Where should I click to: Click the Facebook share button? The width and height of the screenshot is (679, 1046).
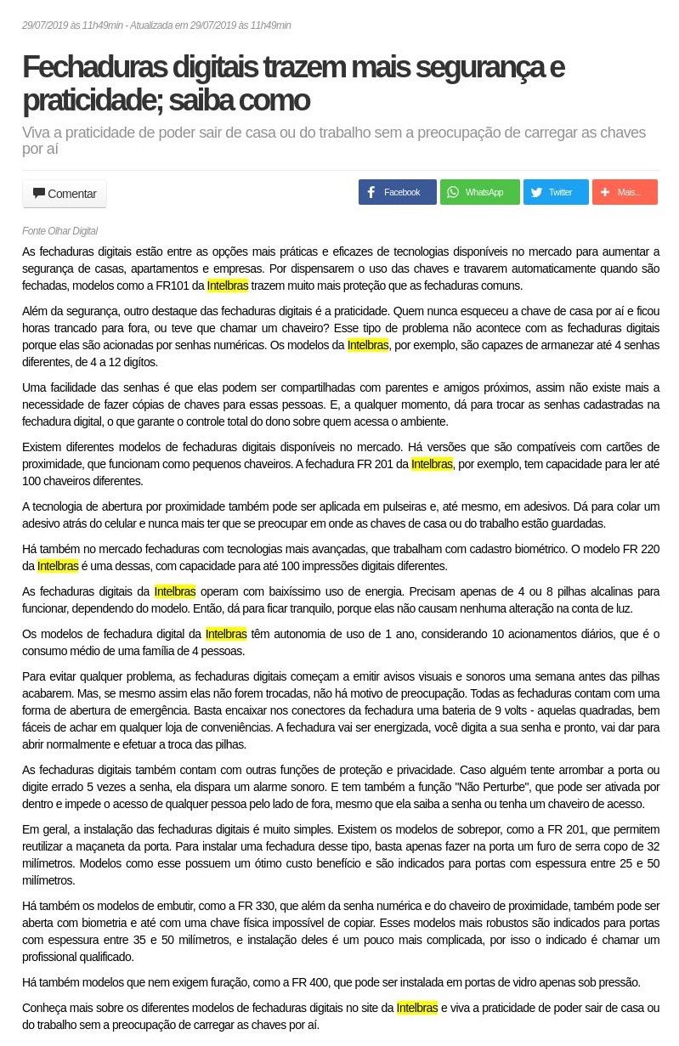(397, 192)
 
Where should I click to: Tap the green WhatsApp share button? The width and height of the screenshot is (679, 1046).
(479, 192)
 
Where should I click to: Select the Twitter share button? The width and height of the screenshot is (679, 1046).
(555, 192)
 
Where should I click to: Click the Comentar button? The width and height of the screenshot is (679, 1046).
(65, 194)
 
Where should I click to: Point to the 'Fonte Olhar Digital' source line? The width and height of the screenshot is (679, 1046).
(59, 231)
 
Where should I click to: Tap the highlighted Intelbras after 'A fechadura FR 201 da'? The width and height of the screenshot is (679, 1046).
(432, 464)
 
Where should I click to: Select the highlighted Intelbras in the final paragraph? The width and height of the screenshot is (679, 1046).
(417, 1008)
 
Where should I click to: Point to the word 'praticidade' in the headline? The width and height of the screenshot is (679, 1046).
(91, 100)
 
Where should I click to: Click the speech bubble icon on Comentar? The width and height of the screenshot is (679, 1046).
(39, 193)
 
